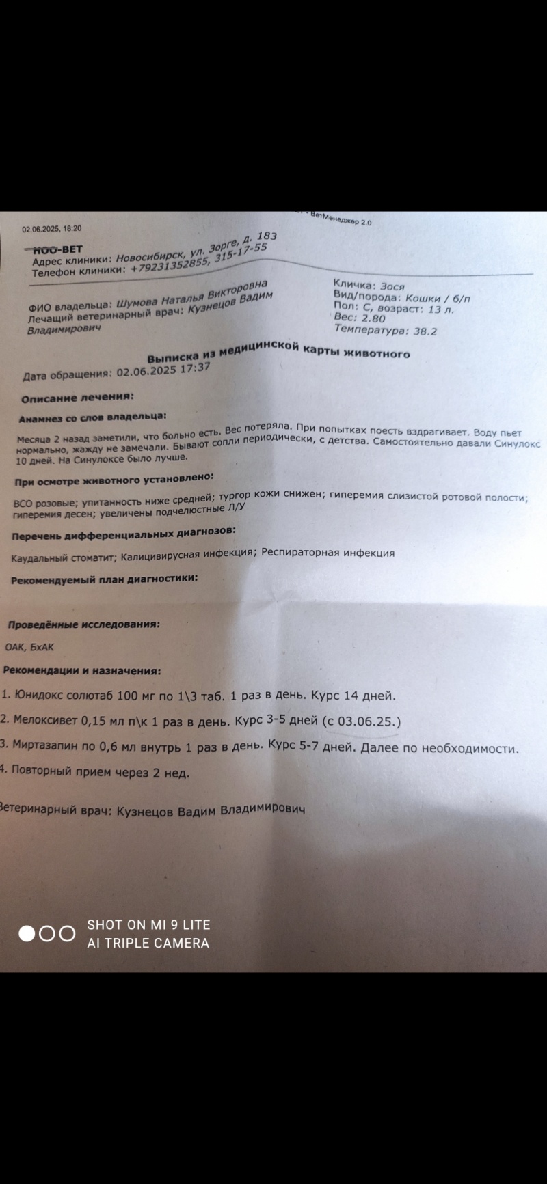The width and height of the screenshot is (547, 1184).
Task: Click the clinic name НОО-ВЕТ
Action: [x=58, y=250]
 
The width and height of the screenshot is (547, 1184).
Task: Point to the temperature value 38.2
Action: [x=423, y=331]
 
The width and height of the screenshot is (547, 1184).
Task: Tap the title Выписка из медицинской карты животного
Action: [x=279, y=353]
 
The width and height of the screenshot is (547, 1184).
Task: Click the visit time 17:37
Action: [x=193, y=368]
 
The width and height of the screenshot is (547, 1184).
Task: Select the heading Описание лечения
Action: [x=77, y=398]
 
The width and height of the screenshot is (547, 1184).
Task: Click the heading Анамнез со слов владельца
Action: [x=92, y=417]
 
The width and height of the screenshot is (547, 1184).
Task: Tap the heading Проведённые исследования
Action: [x=84, y=624]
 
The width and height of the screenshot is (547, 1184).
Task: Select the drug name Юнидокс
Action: [x=40, y=696]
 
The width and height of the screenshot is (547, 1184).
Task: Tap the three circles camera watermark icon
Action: [x=47, y=934]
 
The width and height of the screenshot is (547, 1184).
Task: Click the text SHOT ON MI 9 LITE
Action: [x=148, y=925]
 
